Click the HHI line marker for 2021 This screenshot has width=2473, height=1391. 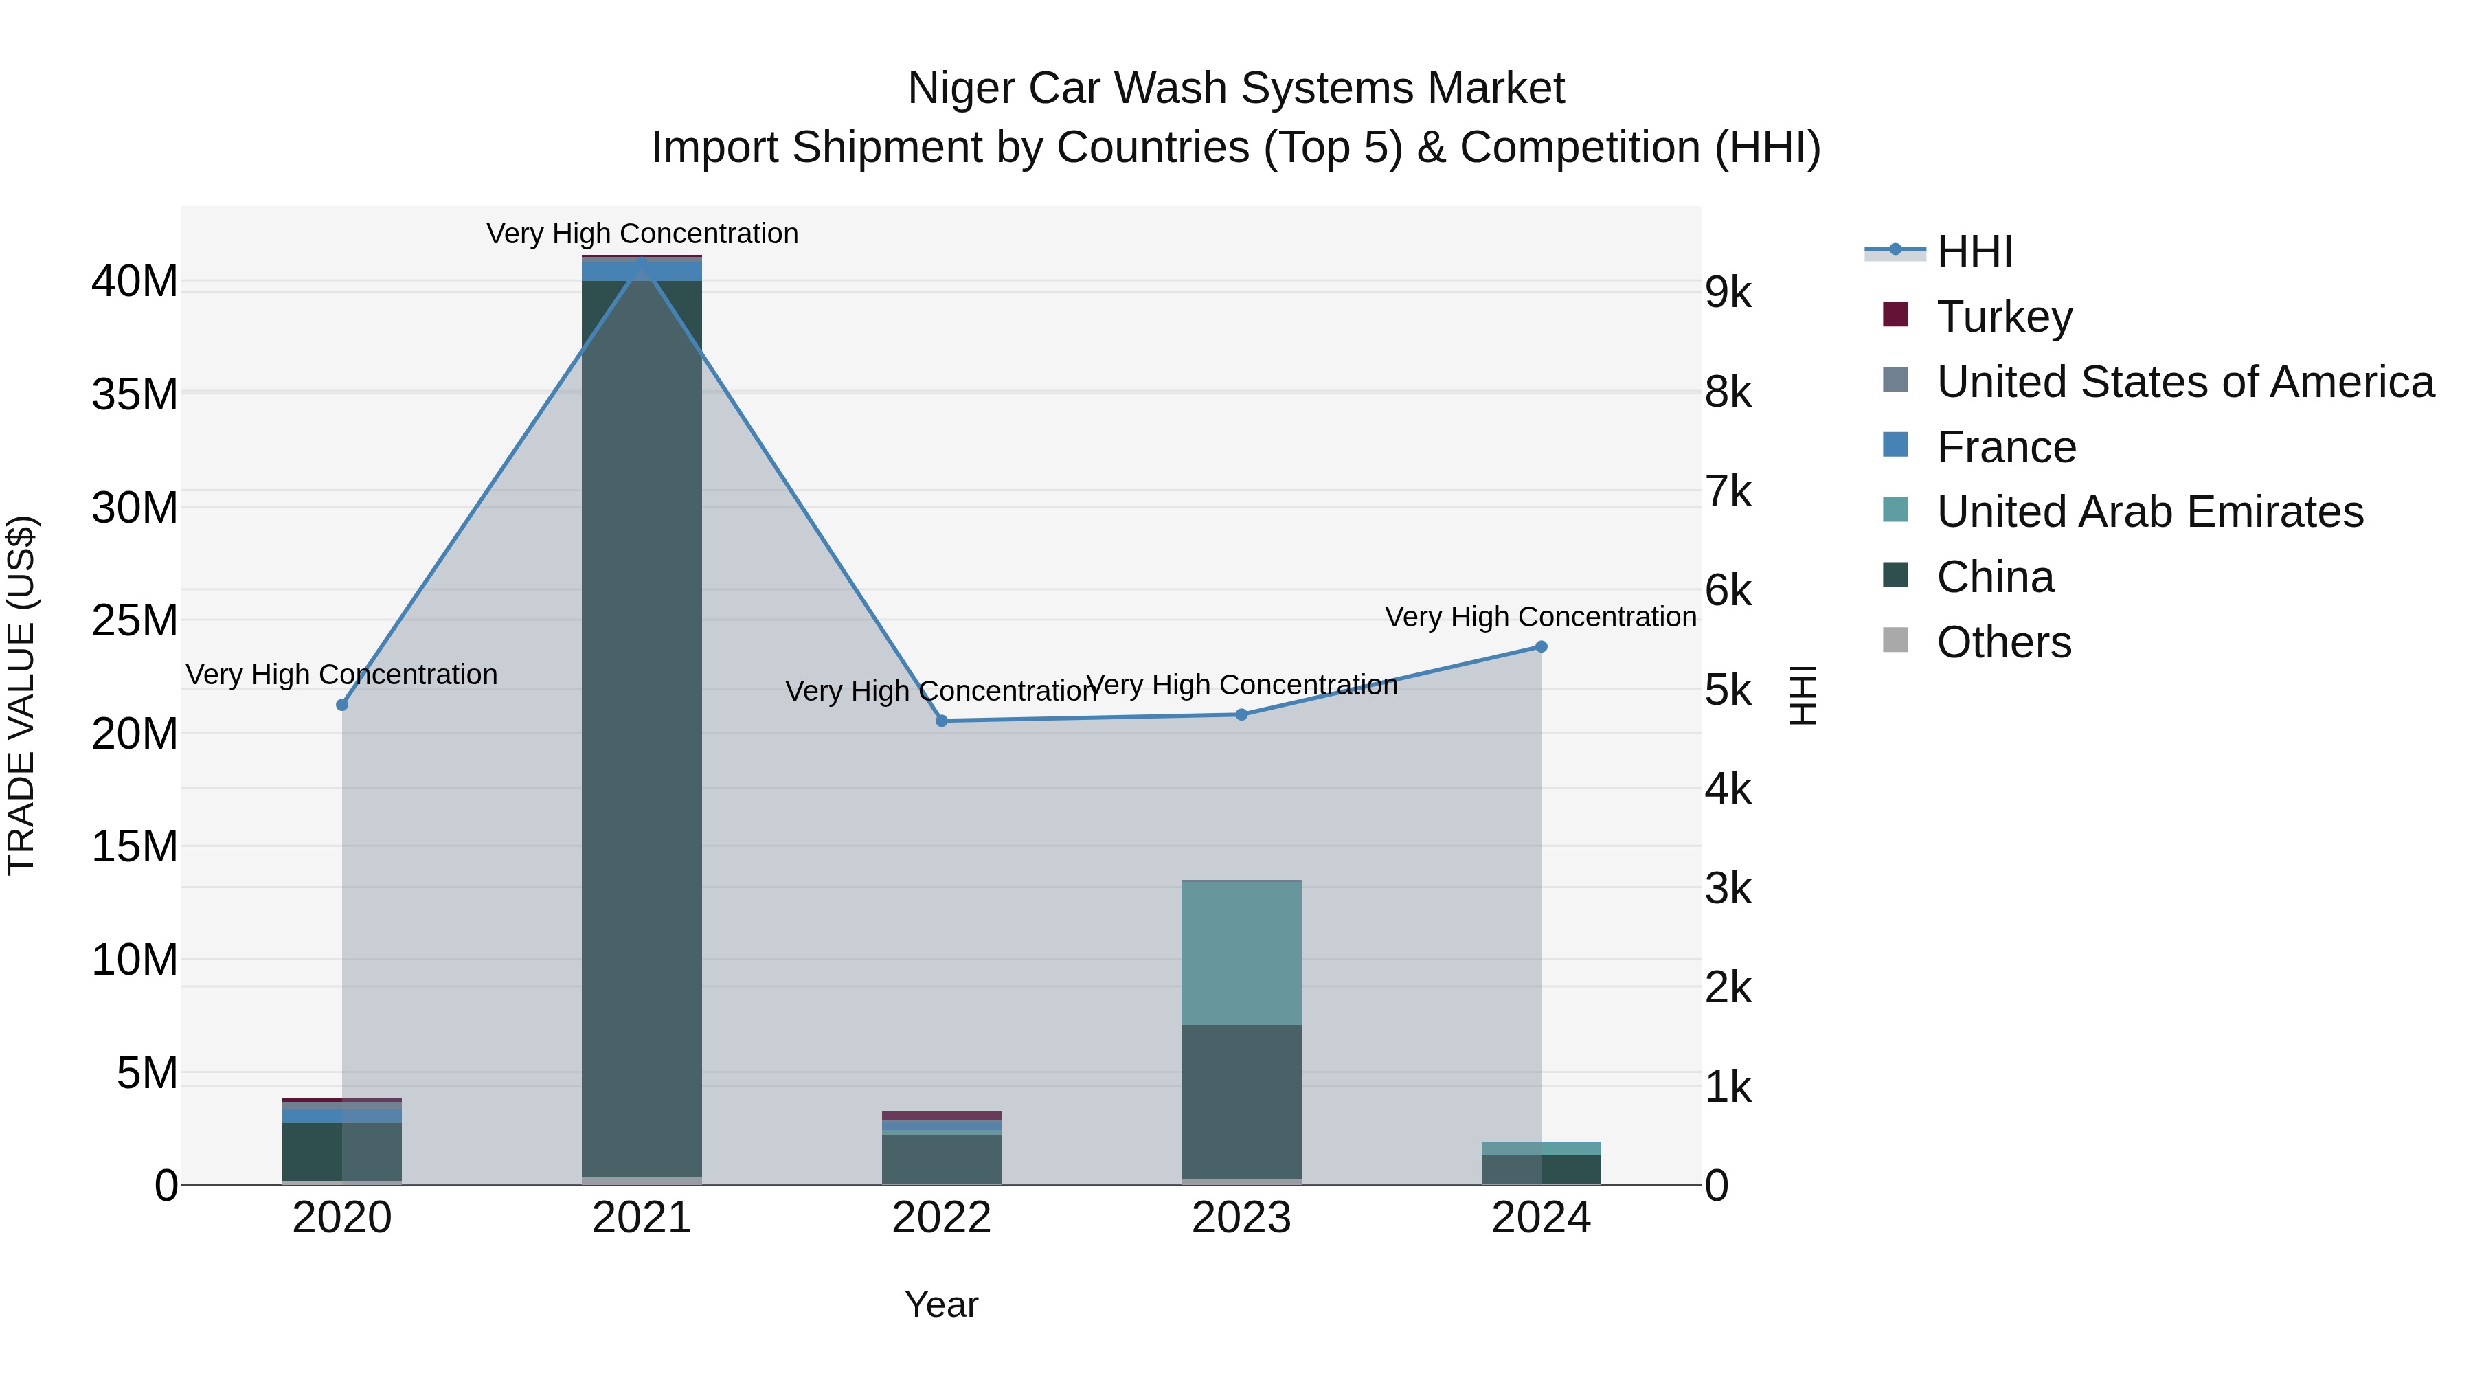click(x=642, y=261)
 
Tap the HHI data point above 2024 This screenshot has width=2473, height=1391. click(x=1541, y=647)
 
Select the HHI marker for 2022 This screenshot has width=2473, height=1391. click(x=942, y=721)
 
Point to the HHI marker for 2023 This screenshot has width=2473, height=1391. click(x=1241, y=714)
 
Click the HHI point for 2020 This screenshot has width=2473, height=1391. click(x=342, y=705)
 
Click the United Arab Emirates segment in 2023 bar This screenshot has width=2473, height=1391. click(x=1241, y=952)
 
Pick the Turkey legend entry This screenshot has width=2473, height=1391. click(x=2004, y=316)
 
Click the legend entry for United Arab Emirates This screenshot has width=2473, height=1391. click(x=2149, y=512)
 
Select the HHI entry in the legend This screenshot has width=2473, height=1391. click(x=1974, y=251)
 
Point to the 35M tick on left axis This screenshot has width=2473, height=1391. click(x=135, y=394)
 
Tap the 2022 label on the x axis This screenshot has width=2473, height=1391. click(x=942, y=1218)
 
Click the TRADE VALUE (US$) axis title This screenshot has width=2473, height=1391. click(x=21, y=695)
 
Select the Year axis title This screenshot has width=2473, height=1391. click(x=942, y=1304)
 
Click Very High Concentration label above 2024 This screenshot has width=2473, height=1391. click(x=1540, y=616)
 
